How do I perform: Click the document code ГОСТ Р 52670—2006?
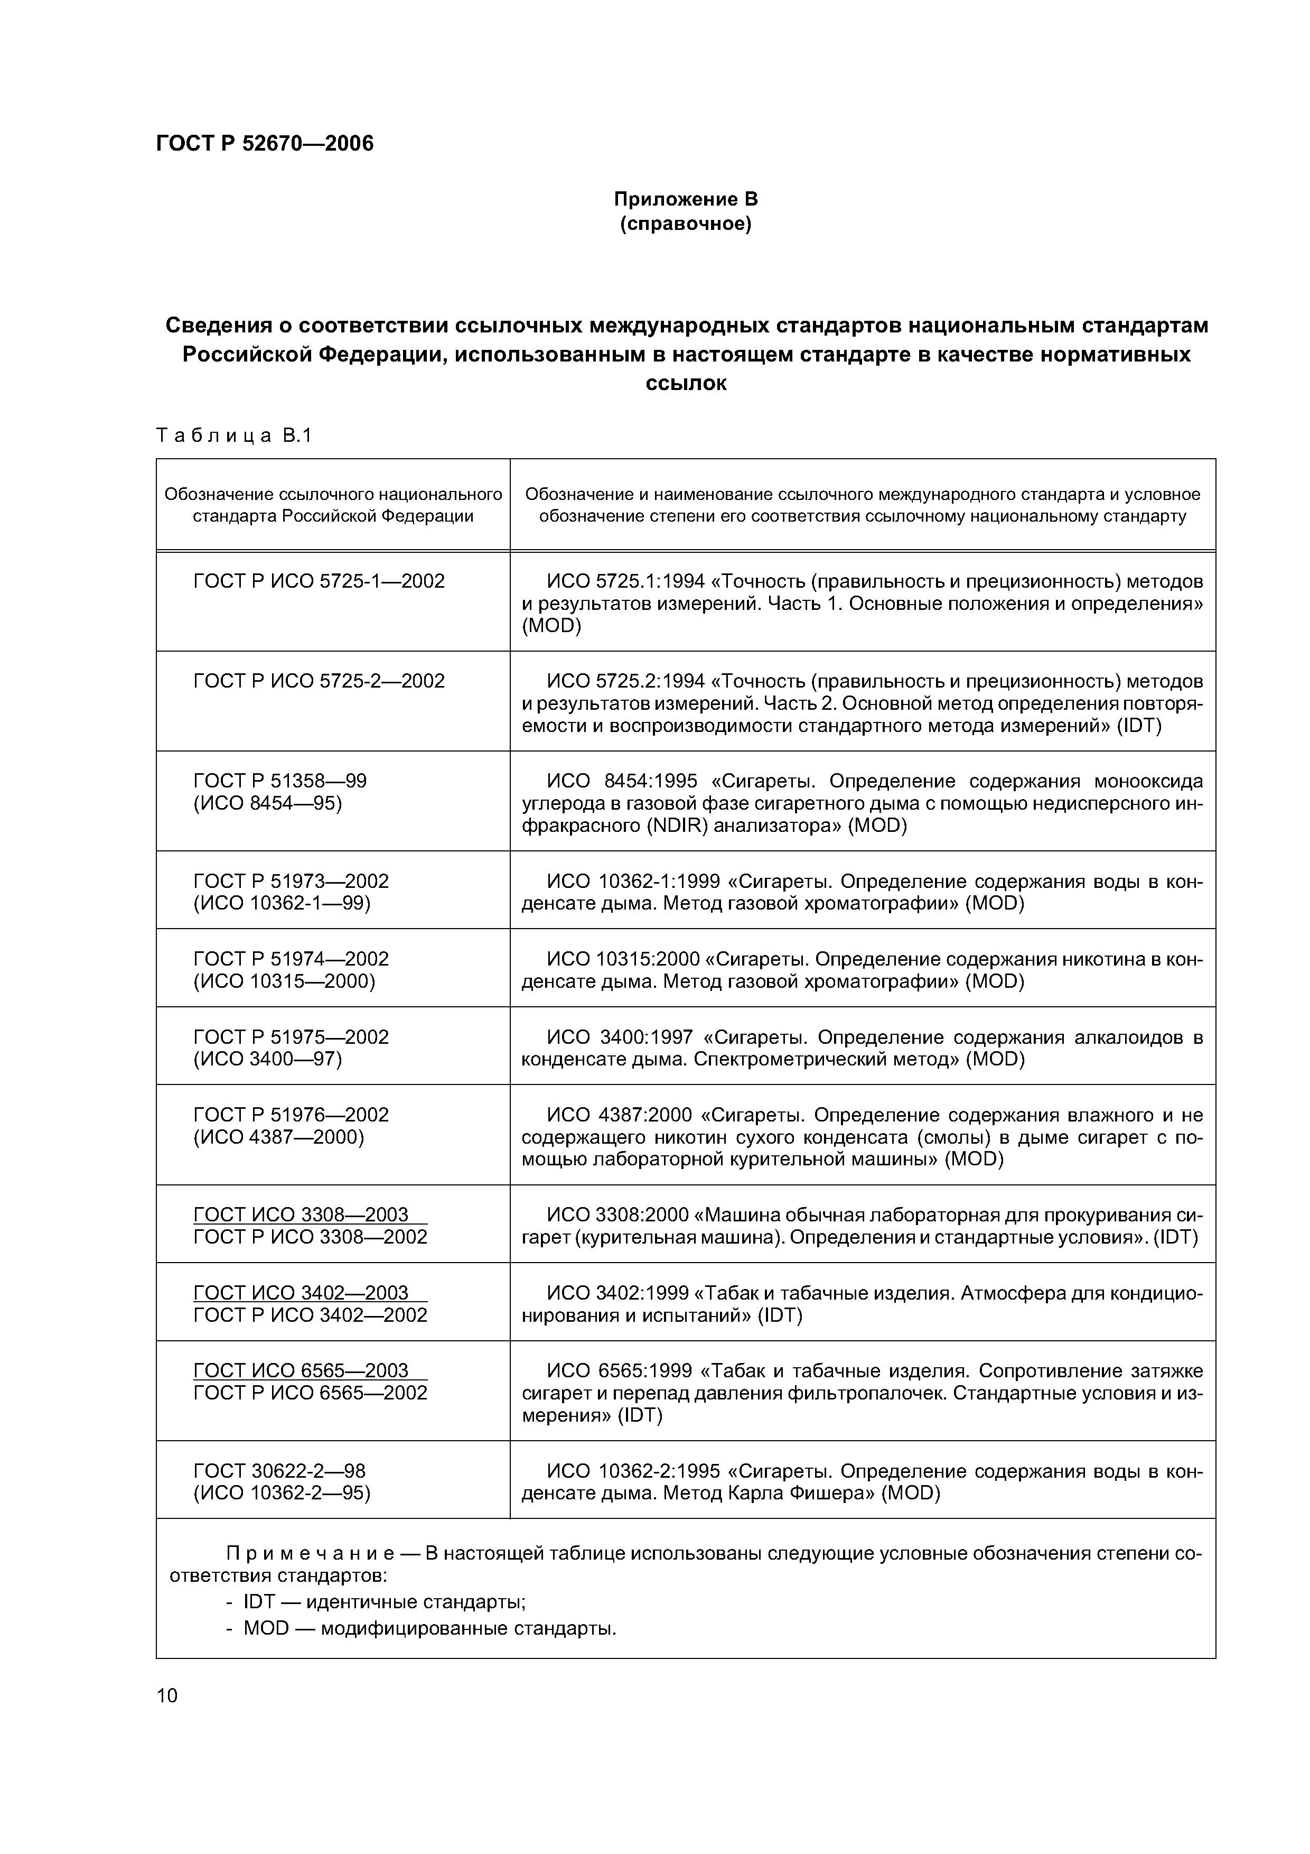(x=265, y=144)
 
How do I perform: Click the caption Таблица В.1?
(x=233, y=436)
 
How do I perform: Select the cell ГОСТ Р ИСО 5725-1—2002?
(x=319, y=581)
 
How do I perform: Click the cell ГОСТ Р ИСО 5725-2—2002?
(x=319, y=681)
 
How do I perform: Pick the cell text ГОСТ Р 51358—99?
(x=279, y=781)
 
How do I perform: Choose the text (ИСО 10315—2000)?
(x=284, y=981)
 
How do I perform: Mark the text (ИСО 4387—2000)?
(x=278, y=1137)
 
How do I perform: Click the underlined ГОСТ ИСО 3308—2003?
(x=301, y=1215)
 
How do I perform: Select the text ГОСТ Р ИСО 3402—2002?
(x=310, y=1314)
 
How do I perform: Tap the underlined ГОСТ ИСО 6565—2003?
(x=301, y=1370)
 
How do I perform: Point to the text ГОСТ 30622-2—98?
(x=279, y=1470)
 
